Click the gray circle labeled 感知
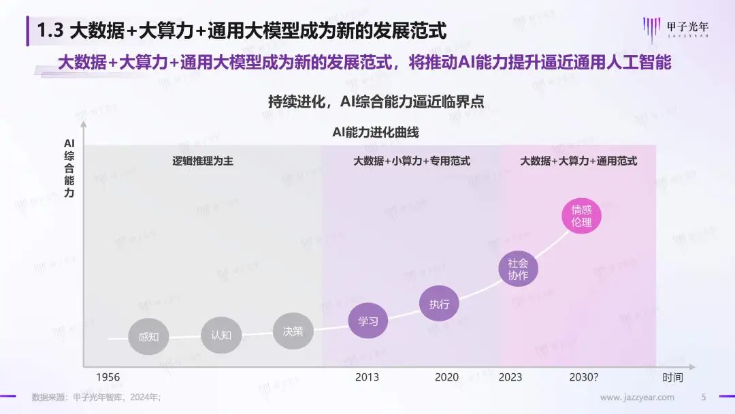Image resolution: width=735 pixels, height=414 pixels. (x=148, y=336)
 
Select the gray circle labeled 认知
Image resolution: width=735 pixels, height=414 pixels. (x=221, y=334)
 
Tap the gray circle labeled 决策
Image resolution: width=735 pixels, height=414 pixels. (x=293, y=332)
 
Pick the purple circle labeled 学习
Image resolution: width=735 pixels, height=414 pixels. (x=367, y=321)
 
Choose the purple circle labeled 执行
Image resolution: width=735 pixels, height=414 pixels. (x=439, y=304)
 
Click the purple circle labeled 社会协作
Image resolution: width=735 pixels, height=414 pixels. (x=518, y=269)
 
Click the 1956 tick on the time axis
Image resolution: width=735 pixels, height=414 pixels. (x=108, y=377)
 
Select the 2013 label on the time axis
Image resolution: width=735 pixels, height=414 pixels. (x=367, y=377)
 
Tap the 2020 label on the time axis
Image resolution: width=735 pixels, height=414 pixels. (x=446, y=377)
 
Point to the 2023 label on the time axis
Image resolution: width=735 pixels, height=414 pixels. (x=510, y=377)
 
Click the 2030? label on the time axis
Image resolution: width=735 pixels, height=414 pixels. (x=585, y=377)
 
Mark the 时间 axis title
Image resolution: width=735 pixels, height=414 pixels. (x=672, y=377)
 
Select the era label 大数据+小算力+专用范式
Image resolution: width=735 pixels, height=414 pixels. (x=411, y=161)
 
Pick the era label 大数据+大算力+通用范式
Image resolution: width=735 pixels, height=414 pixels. (x=578, y=161)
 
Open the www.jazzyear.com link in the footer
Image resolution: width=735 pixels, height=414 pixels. (x=637, y=398)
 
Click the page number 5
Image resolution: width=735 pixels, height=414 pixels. (x=704, y=398)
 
